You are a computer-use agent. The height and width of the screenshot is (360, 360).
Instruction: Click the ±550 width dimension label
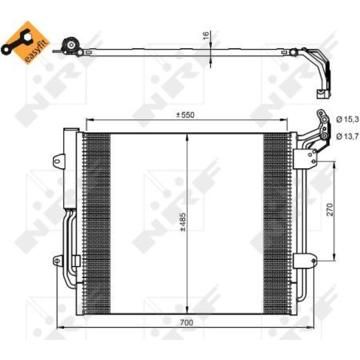coord(185,115)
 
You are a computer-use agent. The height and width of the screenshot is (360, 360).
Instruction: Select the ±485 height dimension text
coord(183,222)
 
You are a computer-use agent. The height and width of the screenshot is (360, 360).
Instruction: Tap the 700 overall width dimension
coord(186,323)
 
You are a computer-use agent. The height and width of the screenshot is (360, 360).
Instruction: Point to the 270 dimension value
coord(330,209)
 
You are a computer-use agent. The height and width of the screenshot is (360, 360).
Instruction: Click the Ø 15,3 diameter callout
coord(347,119)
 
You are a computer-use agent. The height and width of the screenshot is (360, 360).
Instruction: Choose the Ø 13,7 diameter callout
coord(347,137)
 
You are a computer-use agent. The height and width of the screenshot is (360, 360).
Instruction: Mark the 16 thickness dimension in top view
coord(206,36)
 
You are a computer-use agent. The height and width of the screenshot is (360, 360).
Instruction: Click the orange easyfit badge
coord(26,42)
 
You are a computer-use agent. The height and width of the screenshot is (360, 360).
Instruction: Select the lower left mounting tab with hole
coord(58,261)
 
